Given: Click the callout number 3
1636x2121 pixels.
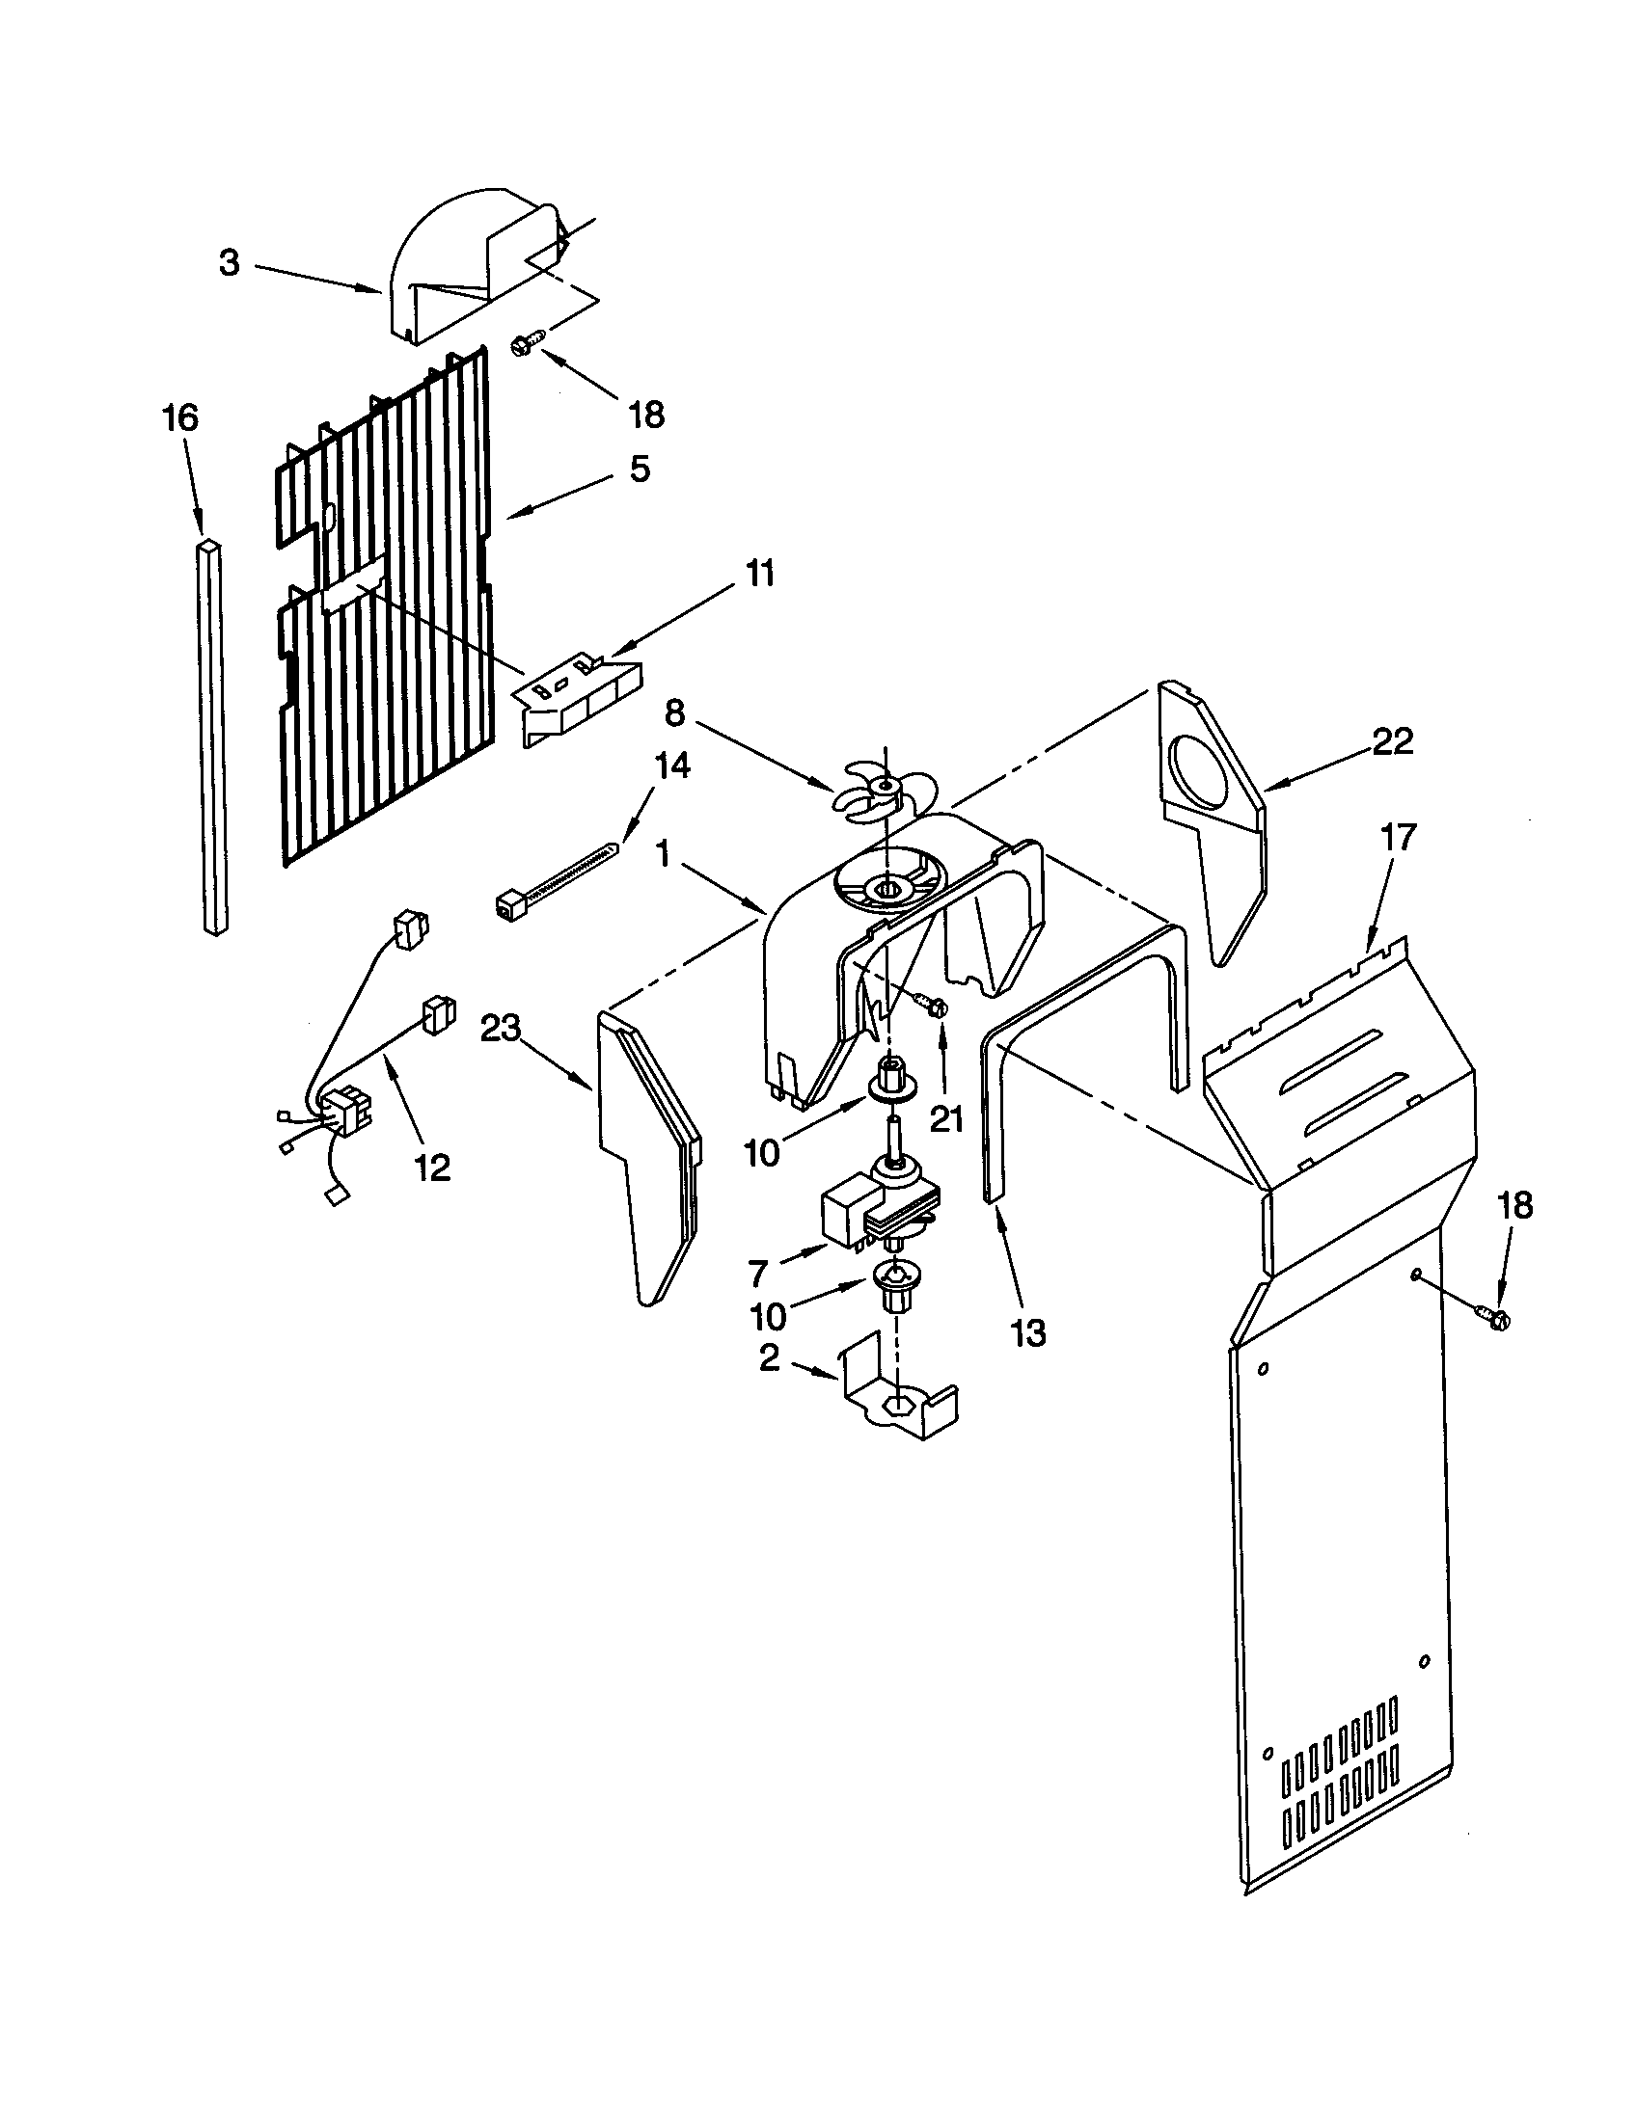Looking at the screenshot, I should [x=230, y=263].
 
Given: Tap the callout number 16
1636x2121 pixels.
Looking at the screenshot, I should [x=180, y=417].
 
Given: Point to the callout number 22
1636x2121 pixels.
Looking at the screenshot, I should [x=1392, y=742].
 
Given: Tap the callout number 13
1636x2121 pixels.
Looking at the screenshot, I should [x=1028, y=1333].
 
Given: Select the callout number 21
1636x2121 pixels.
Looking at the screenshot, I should [x=946, y=1119].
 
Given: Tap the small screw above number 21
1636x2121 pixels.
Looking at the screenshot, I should [x=937, y=1007].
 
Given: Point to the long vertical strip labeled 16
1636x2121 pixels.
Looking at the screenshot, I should [x=215, y=738].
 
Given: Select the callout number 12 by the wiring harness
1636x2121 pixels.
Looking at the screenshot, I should [x=433, y=1168].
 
